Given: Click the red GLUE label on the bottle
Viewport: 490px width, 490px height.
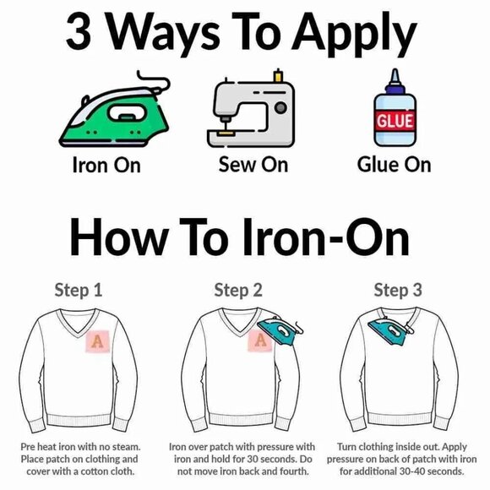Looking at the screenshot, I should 395,121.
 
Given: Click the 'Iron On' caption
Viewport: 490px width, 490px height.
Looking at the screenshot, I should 105,165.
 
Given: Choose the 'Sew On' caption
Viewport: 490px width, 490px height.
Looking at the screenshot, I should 253,164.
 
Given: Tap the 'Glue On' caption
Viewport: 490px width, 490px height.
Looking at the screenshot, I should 394,164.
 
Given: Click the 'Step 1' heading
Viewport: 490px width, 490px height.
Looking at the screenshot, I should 79,291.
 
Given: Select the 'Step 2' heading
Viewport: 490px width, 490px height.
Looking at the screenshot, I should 237,291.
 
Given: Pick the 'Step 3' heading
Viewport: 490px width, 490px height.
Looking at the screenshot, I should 397,291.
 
